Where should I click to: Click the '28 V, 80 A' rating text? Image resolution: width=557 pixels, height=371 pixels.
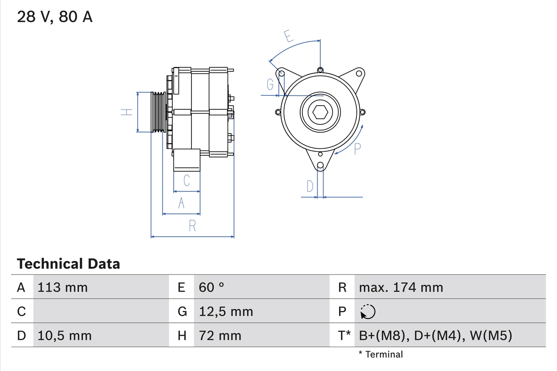tap(55, 17)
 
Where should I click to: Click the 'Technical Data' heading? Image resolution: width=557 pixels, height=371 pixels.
tap(68, 264)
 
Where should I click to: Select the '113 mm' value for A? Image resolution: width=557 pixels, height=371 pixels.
tap(63, 287)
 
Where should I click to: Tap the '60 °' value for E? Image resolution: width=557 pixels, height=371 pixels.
tap(211, 287)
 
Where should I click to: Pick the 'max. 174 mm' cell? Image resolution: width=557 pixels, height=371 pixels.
tap(401, 287)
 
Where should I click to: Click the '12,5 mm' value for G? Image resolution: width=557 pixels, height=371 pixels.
tap(226, 311)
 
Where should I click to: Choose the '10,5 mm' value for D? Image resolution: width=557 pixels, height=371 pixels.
tap(64, 335)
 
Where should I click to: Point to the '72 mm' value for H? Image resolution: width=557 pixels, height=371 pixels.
tap(220, 335)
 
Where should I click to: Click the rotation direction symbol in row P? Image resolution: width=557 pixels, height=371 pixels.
tap(368, 311)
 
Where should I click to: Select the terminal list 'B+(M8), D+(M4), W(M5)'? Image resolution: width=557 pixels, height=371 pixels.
tap(436, 335)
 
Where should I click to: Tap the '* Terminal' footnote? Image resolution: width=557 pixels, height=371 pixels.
tap(381, 354)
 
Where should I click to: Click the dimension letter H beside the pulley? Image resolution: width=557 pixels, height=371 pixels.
tap(126, 112)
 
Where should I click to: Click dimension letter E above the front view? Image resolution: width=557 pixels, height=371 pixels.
tap(289, 37)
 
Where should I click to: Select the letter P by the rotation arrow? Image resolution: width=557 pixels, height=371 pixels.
tap(357, 149)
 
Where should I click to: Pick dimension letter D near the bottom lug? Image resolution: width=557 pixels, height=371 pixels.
tap(310, 186)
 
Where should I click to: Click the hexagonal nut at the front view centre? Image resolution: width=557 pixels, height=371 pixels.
tap(320, 113)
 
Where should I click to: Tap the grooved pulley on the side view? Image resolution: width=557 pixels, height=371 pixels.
tap(158, 112)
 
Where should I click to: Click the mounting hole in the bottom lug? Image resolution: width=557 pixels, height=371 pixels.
tap(320, 165)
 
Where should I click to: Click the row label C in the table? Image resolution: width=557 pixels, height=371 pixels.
tap(21, 311)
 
